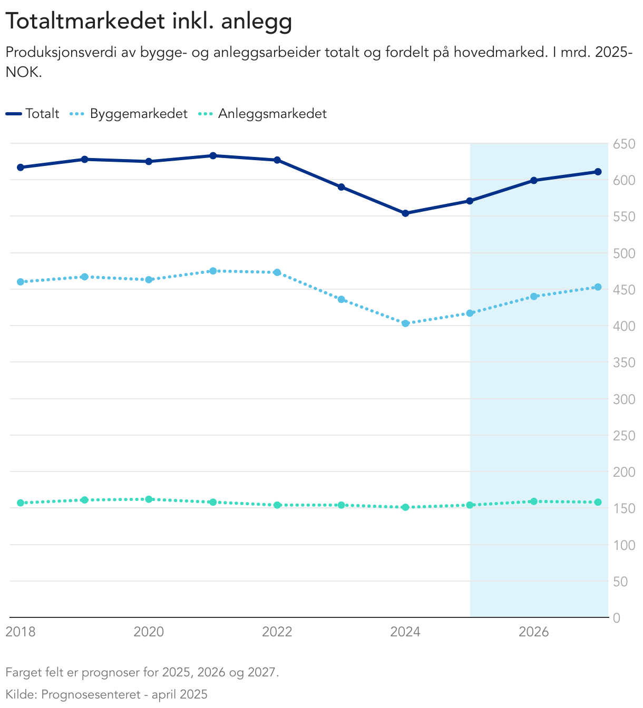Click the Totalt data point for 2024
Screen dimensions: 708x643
[x=405, y=213]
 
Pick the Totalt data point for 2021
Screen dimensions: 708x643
[x=213, y=155]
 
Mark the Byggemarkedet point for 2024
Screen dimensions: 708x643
[x=405, y=323]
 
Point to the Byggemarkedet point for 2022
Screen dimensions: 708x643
[x=277, y=272]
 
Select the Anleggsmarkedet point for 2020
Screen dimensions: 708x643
[x=149, y=499]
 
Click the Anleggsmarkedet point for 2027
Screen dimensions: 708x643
[x=598, y=502]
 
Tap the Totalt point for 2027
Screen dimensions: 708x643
[x=598, y=172]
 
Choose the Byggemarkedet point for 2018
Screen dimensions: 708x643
[x=21, y=282]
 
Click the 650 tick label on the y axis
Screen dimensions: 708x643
[x=624, y=144]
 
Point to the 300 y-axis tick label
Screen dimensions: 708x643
[x=624, y=399]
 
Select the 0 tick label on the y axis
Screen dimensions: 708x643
[x=617, y=618]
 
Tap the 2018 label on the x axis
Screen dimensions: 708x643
[x=21, y=632]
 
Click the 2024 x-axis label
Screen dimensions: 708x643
[x=405, y=632]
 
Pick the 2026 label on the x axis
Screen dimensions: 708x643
[x=533, y=632]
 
